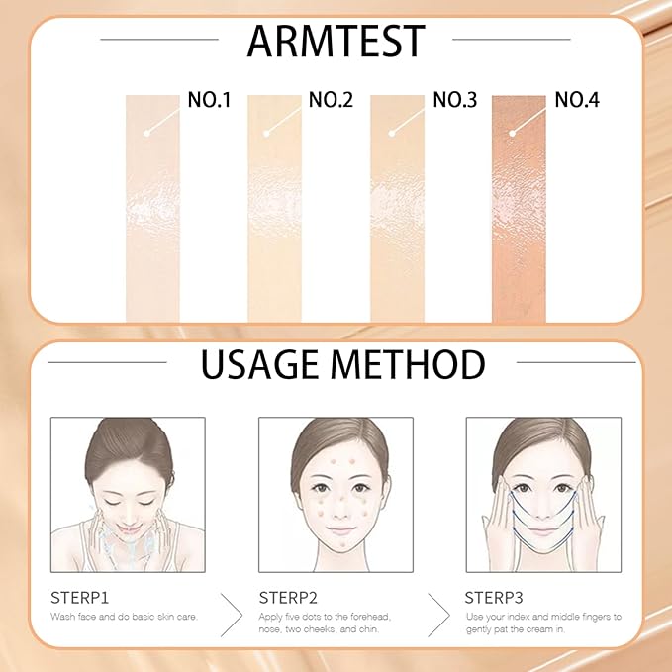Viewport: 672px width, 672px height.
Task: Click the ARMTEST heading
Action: (336, 42)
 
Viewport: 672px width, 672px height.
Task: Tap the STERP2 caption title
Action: (287, 598)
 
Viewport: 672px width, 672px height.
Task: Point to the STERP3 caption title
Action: (494, 598)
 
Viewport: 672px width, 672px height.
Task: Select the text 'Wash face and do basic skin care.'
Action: (123, 617)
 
